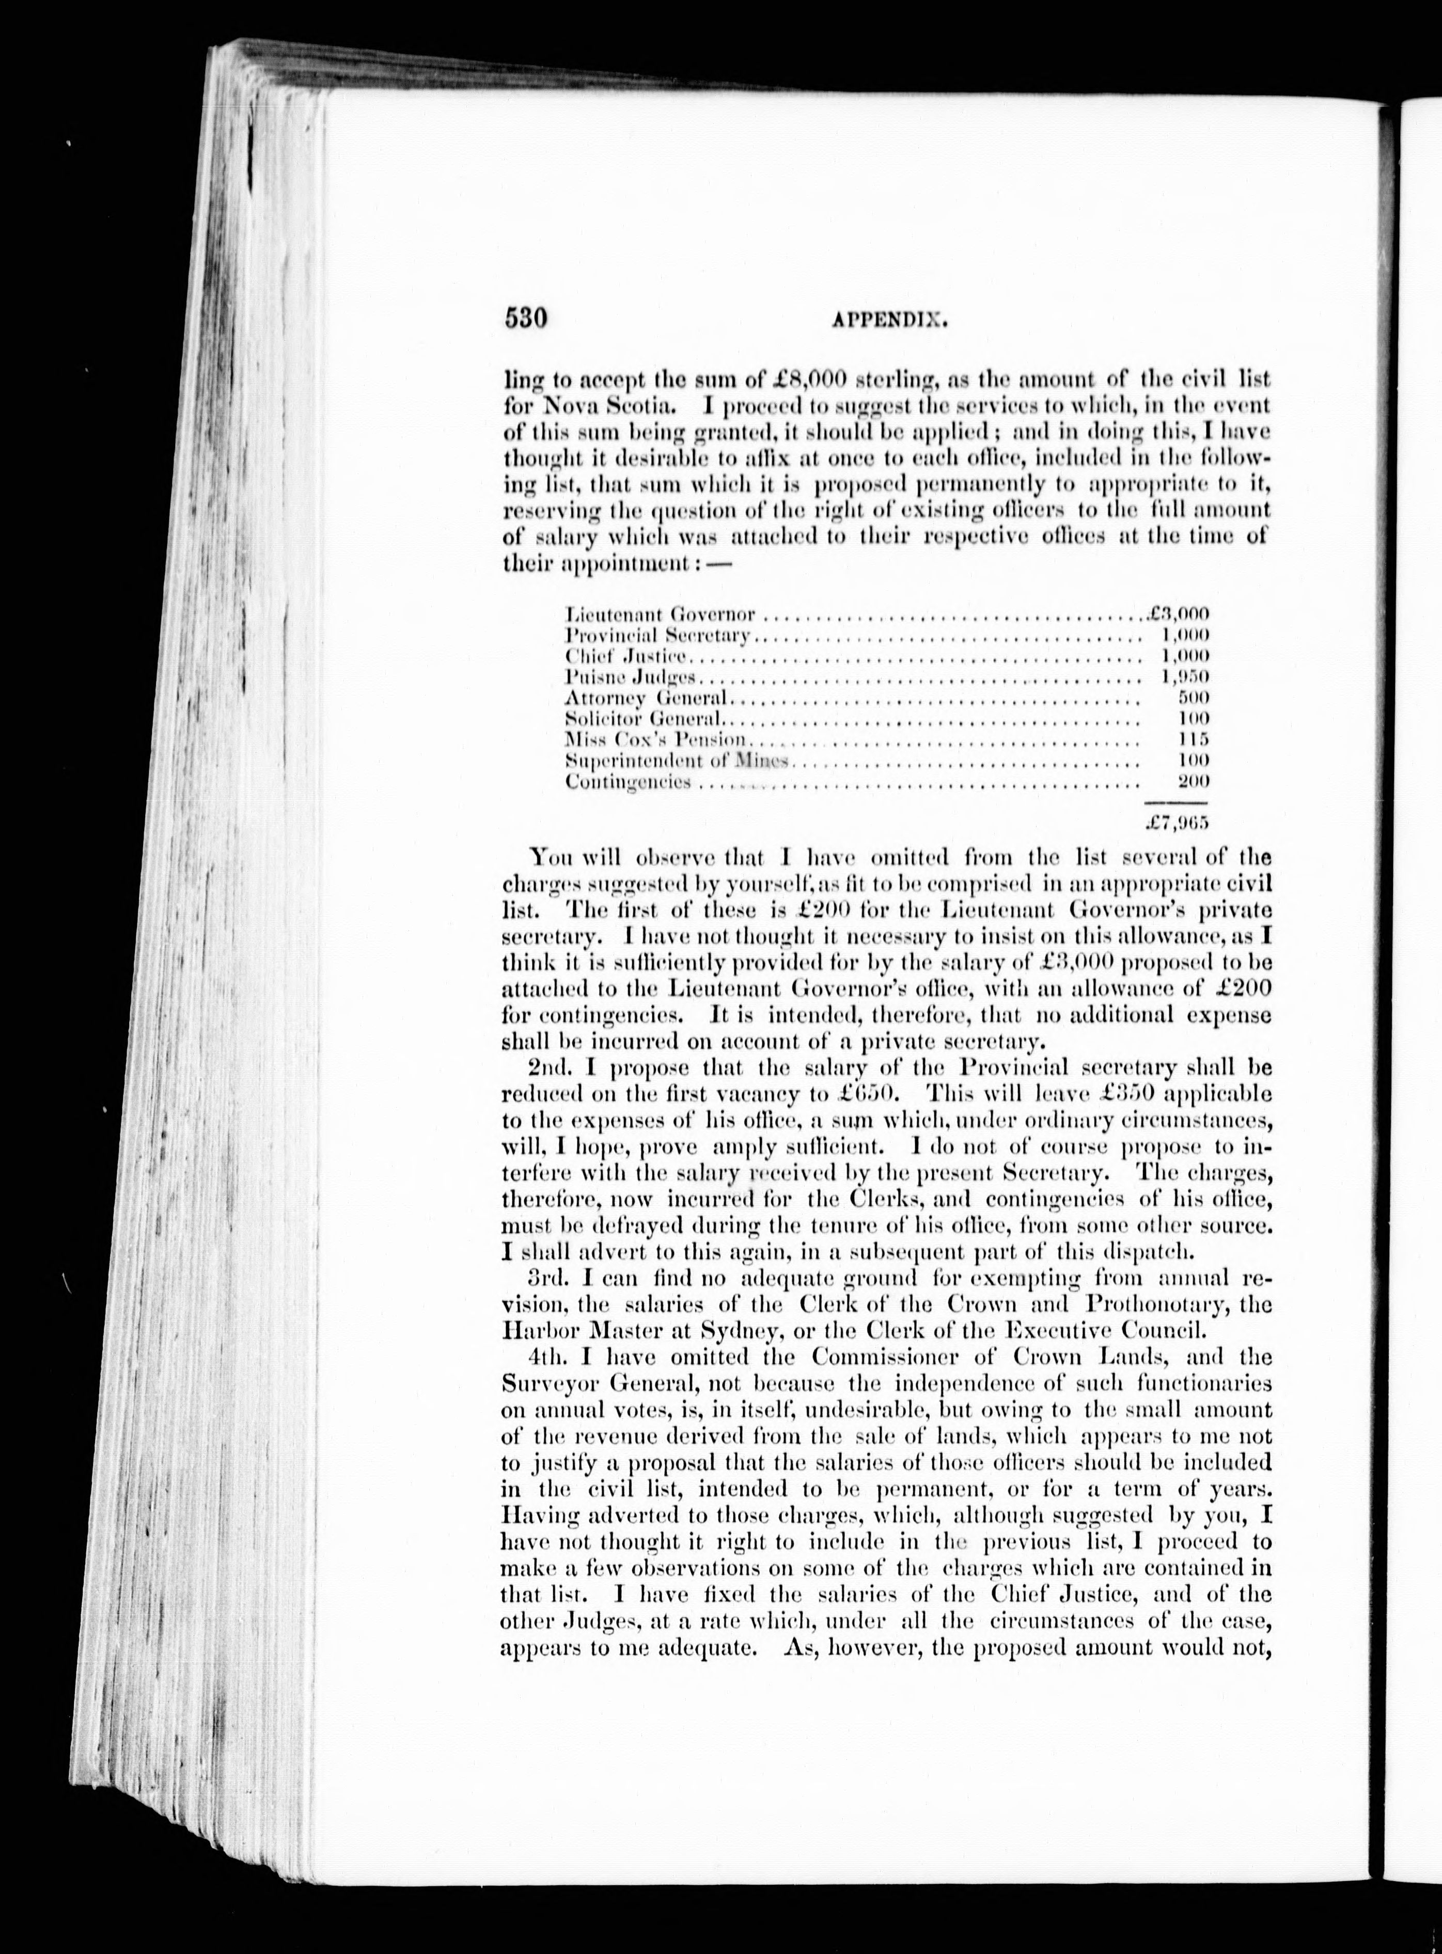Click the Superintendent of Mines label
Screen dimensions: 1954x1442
[x=677, y=761]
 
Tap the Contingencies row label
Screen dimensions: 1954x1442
[x=629, y=782]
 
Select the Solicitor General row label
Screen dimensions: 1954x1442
[x=644, y=719]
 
